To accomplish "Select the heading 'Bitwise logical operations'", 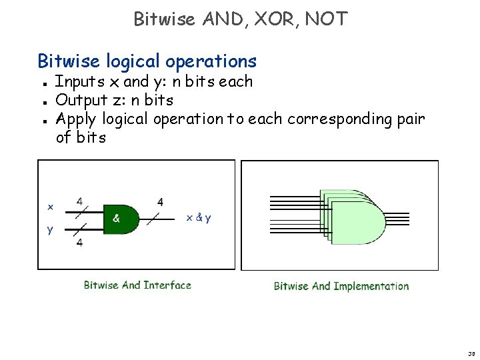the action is pos(147,61).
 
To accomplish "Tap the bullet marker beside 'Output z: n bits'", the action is pos(43,102).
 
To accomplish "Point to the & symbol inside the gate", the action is pos(116,218).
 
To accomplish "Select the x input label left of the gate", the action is pos(50,207).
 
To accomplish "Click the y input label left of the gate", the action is pos(50,230).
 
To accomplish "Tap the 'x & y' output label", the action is pos(199,218).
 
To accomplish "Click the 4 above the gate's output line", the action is pos(160,201).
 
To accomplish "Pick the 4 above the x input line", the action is pos(80,201).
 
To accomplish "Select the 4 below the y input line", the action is pos(79,243).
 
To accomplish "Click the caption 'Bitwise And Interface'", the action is pos(137,285).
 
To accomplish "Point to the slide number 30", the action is pos(471,354).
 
